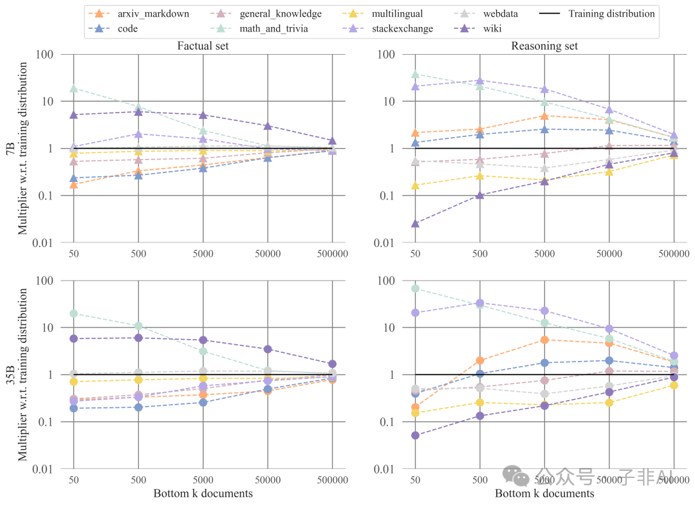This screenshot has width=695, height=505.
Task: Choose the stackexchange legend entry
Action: pyautogui.click(x=402, y=28)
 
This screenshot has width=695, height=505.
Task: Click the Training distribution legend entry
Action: pyautogui.click(x=611, y=14)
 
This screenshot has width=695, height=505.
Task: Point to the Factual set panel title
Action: pyautogui.click(x=203, y=46)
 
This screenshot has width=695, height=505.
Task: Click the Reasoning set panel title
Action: pyautogui.click(x=544, y=46)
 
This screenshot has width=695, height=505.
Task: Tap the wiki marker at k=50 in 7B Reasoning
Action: pyautogui.click(x=415, y=224)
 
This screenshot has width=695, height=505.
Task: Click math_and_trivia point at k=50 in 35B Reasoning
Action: pyautogui.click(x=415, y=288)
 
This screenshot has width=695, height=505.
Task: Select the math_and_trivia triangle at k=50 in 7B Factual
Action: pyautogui.click(x=73, y=89)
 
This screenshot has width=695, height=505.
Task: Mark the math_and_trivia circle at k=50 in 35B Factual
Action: pyautogui.click(x=73, y=313)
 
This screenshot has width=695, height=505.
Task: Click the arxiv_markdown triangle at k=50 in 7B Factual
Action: pyautogui.click(x=73, y=185)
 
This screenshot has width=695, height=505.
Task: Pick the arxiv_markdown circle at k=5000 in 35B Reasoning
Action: pyautogui.click(x=544, y=340)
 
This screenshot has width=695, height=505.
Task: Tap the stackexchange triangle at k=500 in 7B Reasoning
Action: pyautogui.click(x=479, y=81)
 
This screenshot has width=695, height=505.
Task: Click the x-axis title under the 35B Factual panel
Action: pyautogui.click(x=203, y=493)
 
